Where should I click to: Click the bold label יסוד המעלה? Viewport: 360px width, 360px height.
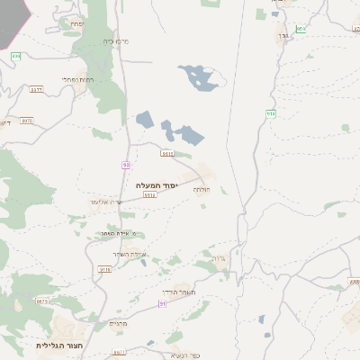157,184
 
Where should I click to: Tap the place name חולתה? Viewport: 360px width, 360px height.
200,190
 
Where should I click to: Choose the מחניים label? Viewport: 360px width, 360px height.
119,324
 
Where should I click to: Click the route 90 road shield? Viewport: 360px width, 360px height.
126,165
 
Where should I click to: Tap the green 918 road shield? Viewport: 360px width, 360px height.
270,112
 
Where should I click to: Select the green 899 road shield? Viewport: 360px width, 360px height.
16,56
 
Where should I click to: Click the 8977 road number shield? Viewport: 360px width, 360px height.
37,89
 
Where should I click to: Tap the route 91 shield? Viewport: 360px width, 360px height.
162,304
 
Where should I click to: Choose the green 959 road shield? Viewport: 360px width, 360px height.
300,29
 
